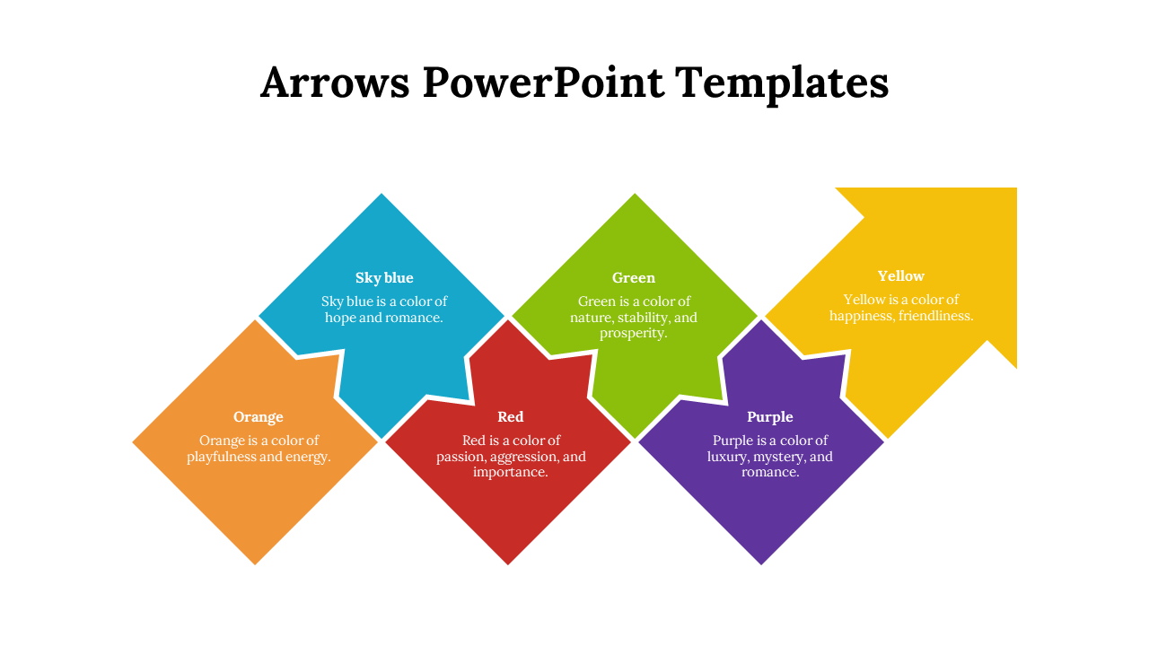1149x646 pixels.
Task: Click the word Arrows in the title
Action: point(336,83)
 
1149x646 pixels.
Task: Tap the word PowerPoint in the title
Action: point(543,83)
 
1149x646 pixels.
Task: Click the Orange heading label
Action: point(259,417)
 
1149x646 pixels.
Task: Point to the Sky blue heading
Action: point(384,278)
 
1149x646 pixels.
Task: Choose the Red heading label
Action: point(511,417)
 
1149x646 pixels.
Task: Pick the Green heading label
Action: point(634,278)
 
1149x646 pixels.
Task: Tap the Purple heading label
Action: point(770,417)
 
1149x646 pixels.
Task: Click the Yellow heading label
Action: point(900,276)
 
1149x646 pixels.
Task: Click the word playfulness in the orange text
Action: point(221,457)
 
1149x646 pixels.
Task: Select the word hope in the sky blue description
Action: point(340,318)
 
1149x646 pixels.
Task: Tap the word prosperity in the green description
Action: point(633,333)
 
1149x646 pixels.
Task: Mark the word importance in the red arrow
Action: point(510,472)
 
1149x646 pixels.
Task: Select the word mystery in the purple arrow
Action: point(788,457)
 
